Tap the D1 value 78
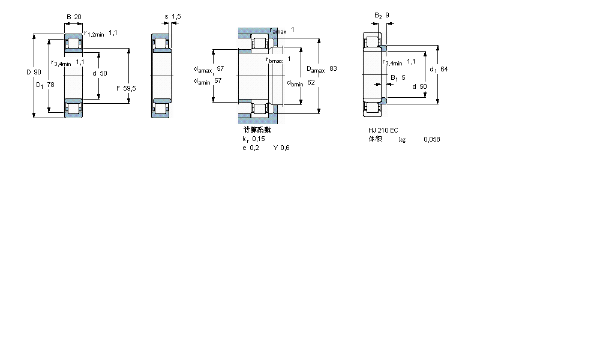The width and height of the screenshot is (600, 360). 50,85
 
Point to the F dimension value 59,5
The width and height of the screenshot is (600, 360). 129,88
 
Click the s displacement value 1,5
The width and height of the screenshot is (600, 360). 176,17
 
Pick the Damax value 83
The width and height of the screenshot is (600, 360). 333,69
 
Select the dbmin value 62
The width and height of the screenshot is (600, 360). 311,83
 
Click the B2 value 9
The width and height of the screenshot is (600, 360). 388,15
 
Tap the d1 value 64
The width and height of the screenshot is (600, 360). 444,69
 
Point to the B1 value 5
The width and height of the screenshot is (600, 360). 403,77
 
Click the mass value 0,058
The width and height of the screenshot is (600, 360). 431,139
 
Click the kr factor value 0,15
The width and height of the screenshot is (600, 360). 259,139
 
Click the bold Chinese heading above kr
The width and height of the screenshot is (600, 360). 257,130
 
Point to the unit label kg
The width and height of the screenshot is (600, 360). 402,139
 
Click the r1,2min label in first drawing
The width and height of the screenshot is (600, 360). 94,34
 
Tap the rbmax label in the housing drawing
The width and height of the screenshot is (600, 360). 274,59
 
